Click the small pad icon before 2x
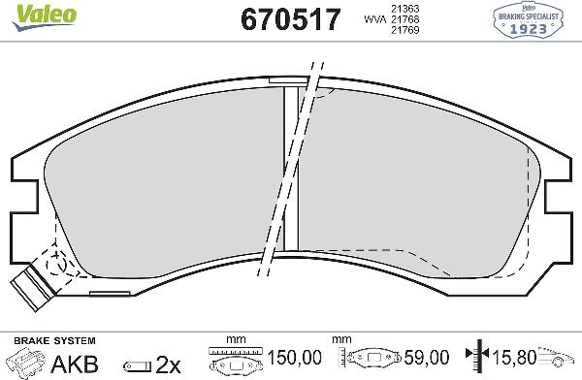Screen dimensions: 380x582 click(137, 364)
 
